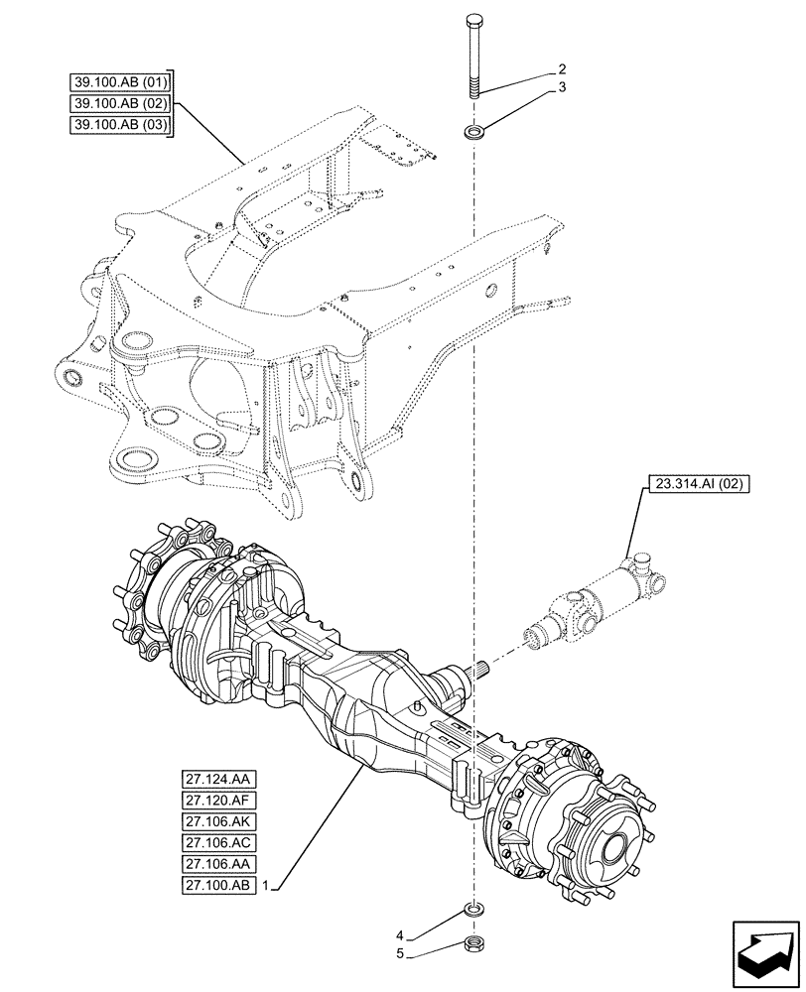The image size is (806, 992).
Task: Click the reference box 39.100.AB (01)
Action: click(x=120, y=81)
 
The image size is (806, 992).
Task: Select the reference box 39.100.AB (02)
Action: click(x=120, y=102)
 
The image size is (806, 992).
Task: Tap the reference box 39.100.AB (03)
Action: click(x=120, y=124)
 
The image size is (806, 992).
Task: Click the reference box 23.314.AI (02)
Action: click(x=699, y=484)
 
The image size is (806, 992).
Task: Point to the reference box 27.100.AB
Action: click(x=218, y=884)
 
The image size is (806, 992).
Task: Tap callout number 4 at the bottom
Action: click(x=399, y=934)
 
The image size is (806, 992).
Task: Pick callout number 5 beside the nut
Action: click(x=399, y=954)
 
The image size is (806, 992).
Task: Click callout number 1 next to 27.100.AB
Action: click(x=267, y=884)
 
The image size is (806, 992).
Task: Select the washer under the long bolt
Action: click(x=473, y=131)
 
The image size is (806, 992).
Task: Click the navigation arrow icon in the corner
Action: click(x=761, y=948)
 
